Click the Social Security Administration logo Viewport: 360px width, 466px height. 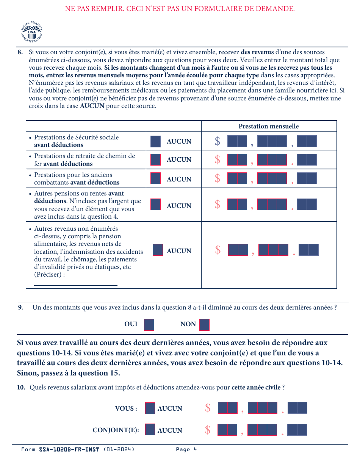(x=32, y=32)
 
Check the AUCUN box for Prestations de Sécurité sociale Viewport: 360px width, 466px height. (x=155, y=141)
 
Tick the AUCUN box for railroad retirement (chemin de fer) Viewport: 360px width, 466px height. (x=155, y=160)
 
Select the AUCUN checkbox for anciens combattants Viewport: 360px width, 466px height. (x=155, y=178)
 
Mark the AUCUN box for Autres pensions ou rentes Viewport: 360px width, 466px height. (x=155, y=205)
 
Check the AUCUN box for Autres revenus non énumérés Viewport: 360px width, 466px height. (x=158, y=250)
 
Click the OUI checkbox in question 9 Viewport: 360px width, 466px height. (x=149, y=325)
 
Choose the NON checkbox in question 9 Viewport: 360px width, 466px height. (x=204, y=325)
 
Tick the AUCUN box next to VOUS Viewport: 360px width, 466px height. (x=150, y=408)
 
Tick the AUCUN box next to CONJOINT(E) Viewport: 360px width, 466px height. (x=150, y=430)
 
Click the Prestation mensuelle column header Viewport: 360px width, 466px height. (x=268, y=127)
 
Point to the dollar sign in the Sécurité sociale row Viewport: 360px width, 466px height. (x=217, y=141)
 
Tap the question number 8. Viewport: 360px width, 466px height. (x=20, y=52)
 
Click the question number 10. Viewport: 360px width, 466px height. (x=21, y=388)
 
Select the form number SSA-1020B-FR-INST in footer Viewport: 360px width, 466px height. (x=69, y=450)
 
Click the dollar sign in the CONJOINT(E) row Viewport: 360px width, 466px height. (x=208, y=430)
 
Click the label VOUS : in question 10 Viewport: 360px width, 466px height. (x=126, y=408)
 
